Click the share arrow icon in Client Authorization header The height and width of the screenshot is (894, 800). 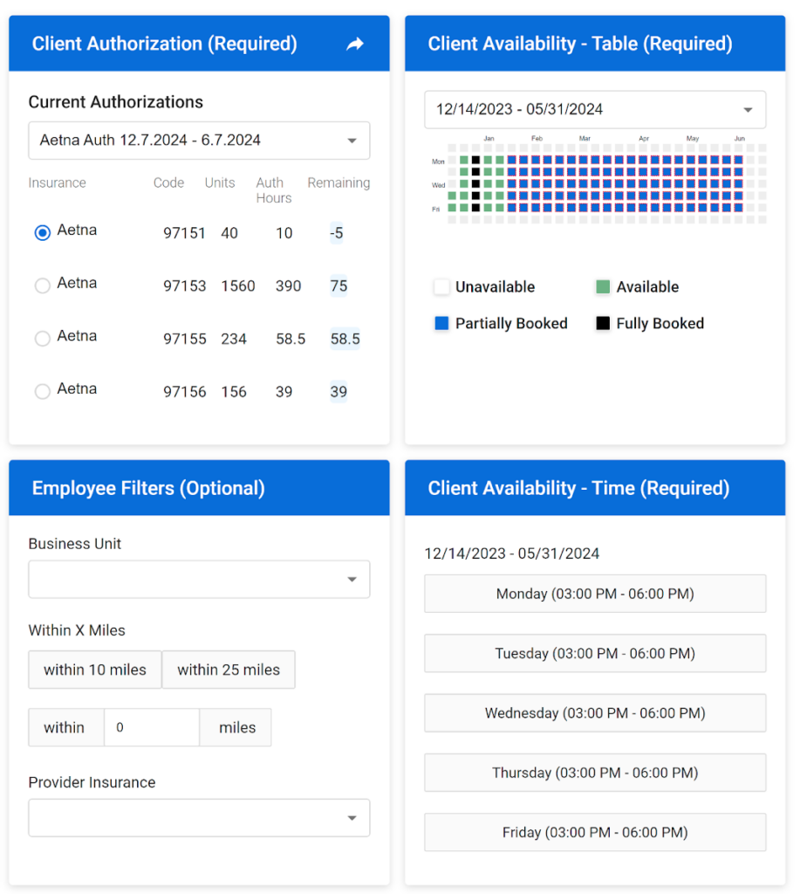[355, 44]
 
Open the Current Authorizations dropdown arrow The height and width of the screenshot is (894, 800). [352, 141]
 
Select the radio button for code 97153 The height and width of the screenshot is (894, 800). [42, 285]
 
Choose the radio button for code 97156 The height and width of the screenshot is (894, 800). [42, 392]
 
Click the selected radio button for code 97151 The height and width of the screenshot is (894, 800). [42, 233]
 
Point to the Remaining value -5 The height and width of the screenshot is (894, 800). [337, 233]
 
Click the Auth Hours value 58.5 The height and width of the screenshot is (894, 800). [291, 339]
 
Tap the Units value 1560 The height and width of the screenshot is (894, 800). [238, 285]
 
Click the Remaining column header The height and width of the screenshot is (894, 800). [338, 182]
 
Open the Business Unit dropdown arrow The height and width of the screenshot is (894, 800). [352, 579]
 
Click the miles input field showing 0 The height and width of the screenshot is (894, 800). [152, 727]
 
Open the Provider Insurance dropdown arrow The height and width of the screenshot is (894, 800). [352, 818]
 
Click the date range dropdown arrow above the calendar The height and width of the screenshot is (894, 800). [748, 110]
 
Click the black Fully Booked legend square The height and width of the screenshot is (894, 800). [603, 324]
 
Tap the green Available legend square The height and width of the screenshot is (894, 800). [603, 287]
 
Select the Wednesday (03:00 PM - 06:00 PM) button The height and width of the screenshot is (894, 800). [595, 713]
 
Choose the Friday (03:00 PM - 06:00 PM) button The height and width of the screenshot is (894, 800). [595, 832]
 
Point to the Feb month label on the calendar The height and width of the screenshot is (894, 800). [537, 139]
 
